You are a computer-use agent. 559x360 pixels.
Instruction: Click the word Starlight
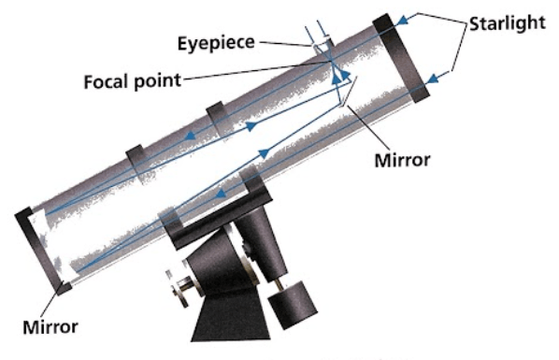507,23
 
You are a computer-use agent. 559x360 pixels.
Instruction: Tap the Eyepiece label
216,43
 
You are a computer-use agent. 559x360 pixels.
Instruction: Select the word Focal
107,81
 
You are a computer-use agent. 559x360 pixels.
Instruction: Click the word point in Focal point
157,81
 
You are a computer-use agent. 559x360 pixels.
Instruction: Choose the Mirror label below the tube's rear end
50,327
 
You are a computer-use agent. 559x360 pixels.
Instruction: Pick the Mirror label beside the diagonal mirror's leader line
402,160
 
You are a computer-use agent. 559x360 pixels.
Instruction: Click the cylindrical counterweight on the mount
293,305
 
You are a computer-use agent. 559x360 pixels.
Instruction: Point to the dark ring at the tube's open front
401,58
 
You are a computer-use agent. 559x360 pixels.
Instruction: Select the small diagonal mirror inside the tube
348,92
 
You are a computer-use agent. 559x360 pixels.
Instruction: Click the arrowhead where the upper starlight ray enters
402,20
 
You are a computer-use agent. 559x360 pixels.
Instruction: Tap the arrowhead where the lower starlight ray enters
433,79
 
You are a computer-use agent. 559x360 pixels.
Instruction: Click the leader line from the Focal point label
255,70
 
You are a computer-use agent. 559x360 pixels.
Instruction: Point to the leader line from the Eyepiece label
286,44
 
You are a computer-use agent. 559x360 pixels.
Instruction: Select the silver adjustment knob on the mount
180,288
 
